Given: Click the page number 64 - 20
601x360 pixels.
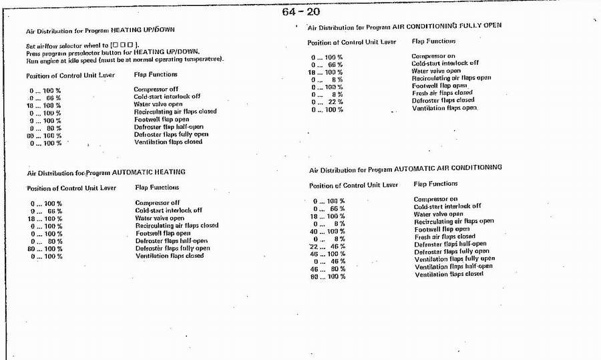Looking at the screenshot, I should tap(300, 11).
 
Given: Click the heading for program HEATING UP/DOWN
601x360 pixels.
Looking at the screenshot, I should tap(100, 31).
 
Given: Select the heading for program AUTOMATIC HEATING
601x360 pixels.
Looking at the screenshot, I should tap(106, 172).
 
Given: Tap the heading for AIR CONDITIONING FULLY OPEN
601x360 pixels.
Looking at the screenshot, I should tap(404, 27).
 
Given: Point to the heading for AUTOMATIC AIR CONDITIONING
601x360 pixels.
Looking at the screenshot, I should tap(406, 169).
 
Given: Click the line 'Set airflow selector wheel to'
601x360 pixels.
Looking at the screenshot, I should tap(82, 45).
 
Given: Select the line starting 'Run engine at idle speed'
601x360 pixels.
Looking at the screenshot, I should tap(124, 59).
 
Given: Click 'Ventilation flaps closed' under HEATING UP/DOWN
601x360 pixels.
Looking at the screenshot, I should tap(168, 142).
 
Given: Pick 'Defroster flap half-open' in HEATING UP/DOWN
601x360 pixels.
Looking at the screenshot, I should tap(169, 127).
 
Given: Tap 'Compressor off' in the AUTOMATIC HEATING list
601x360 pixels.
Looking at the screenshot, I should tap(157, 202).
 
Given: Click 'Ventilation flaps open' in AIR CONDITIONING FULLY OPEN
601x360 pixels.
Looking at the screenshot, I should tap(445, 108).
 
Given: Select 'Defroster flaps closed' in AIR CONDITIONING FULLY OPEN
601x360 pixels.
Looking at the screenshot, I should tap(443, 101).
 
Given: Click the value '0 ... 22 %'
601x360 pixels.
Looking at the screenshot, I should tap(327, 102).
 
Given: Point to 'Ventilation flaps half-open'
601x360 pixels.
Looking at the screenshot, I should tap(453, 266).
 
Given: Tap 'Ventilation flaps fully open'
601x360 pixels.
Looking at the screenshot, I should tap(455, 258).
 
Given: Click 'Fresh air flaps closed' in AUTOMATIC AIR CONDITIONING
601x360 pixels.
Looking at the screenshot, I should tap(445, 236).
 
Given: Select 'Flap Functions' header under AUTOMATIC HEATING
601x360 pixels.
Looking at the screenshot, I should tap(157, 188).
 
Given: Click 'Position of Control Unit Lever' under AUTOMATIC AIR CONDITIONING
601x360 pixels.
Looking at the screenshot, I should tap(353, 185).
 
